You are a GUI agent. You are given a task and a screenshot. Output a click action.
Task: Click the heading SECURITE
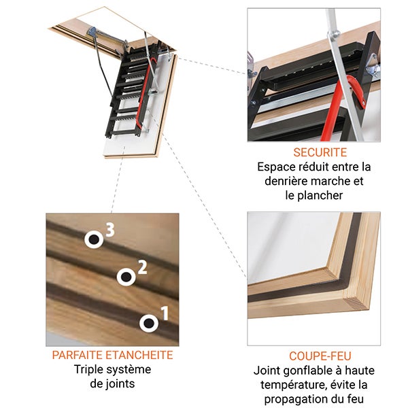click(x=320, y=152)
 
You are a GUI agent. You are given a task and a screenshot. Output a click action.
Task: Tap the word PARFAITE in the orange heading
click(x=78, y=355)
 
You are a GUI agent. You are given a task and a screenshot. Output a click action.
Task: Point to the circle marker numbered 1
click(x=148, y=322)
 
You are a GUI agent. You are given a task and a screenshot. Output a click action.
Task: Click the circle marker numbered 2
click(x=126, y=276)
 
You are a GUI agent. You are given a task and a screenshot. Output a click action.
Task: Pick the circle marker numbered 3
click(x=93, y=239)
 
